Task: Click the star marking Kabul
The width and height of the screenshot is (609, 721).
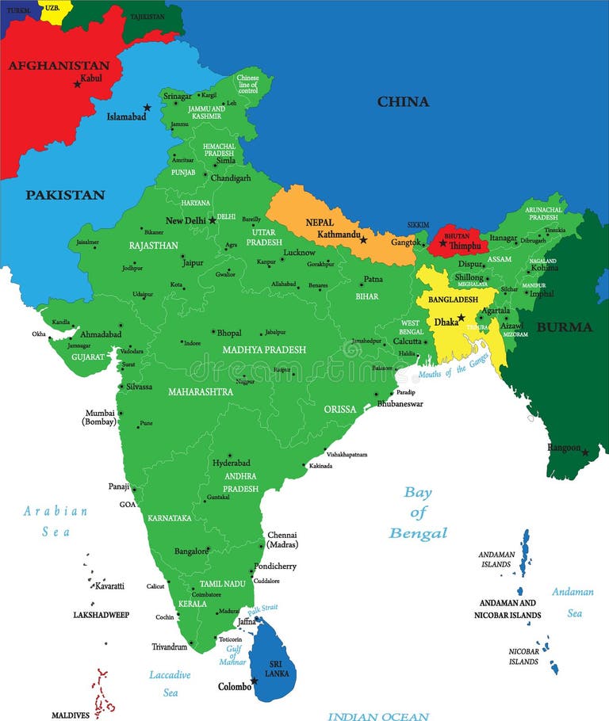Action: click(x=77, y=84)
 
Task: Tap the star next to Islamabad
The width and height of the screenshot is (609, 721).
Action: click(x=147, y=107)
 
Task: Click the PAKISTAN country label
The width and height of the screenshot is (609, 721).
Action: click(x=65, y=195)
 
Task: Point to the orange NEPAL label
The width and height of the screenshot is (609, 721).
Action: click(x=320, y=223)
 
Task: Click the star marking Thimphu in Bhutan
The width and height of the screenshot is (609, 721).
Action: click(x=443, y=242)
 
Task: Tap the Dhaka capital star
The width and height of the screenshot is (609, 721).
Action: click(x=461, y=318)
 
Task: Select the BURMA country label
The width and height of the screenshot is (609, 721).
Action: click(x=564, y=327)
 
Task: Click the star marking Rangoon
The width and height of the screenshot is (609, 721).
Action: click(x=585, y=452)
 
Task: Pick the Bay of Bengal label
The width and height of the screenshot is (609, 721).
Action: click(x=418, y=513)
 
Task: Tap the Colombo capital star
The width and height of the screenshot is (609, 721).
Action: click(x=255, y=681)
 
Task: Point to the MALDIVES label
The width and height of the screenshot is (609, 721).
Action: click(x=71, y=715)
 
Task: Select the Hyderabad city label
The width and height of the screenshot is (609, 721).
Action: click(x=231, y=463)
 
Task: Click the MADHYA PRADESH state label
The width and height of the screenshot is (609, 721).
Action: click(x=264, y=349)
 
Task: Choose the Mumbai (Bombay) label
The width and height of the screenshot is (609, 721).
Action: click(x=99, y=418)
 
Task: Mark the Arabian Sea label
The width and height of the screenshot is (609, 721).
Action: click(x=56, y=521)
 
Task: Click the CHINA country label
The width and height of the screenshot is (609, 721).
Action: click(x=403, y=101)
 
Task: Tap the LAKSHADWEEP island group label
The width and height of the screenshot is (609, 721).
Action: click(x=101, y=615)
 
